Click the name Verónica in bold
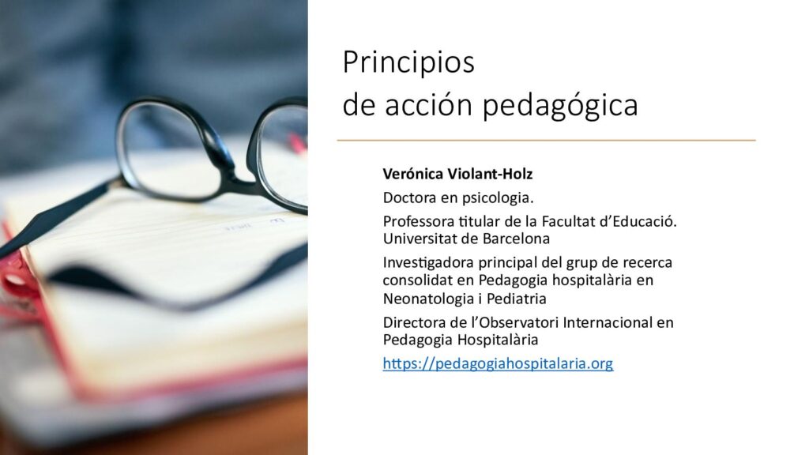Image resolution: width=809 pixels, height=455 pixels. click(412, 174)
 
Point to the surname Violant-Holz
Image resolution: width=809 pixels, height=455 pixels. click(490, 174)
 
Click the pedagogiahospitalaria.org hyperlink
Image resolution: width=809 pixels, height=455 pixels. click(498, 363)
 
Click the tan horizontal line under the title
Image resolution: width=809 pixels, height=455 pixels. click(547, 140)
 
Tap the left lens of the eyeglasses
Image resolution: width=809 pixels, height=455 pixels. click(171, 149)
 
